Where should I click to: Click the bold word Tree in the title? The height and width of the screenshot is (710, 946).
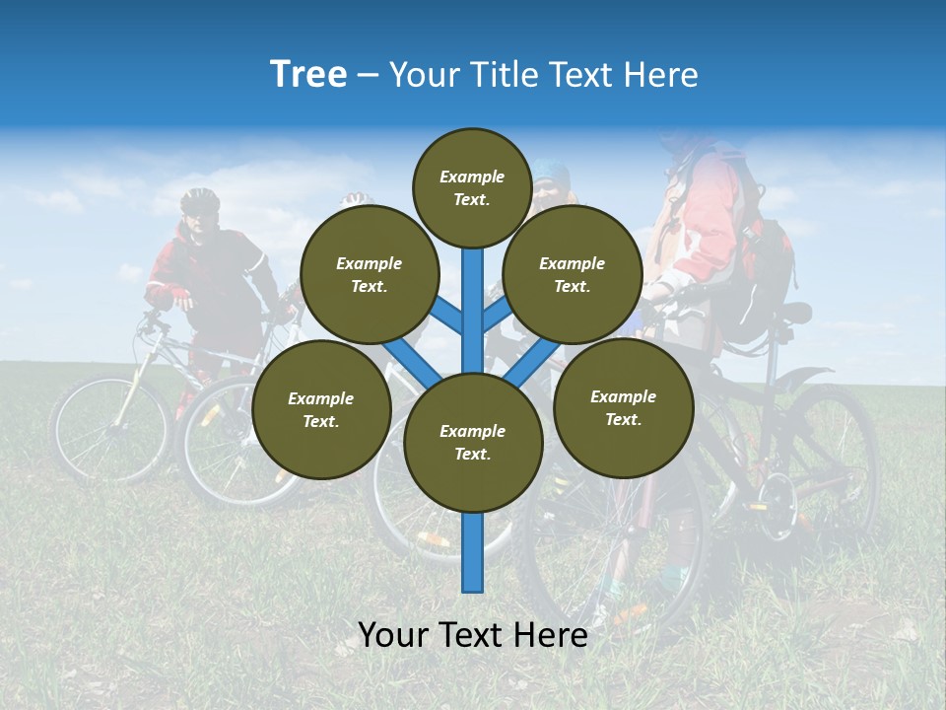308,75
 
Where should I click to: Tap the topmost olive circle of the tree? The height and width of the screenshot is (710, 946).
472,187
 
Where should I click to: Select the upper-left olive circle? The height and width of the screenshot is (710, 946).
370,274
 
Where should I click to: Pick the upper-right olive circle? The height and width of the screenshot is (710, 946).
573,274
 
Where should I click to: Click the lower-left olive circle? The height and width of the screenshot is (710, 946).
321,409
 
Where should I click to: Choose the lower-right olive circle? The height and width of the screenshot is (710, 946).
623,407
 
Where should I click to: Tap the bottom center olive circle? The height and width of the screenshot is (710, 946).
473,442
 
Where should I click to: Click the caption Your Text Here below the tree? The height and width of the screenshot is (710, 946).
473,635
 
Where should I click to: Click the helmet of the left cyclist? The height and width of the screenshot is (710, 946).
200,200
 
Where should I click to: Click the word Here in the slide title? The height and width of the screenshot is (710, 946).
661,75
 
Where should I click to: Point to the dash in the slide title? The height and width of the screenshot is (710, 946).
368,75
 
